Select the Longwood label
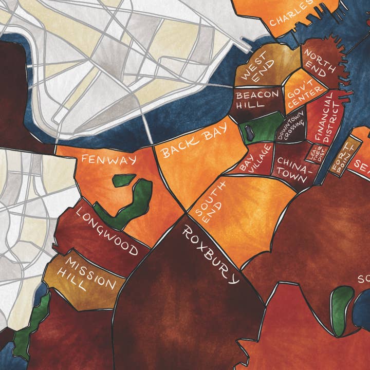[x=107, y=231]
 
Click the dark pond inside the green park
[x=248, y=132]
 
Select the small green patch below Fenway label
[x=122, y=181]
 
